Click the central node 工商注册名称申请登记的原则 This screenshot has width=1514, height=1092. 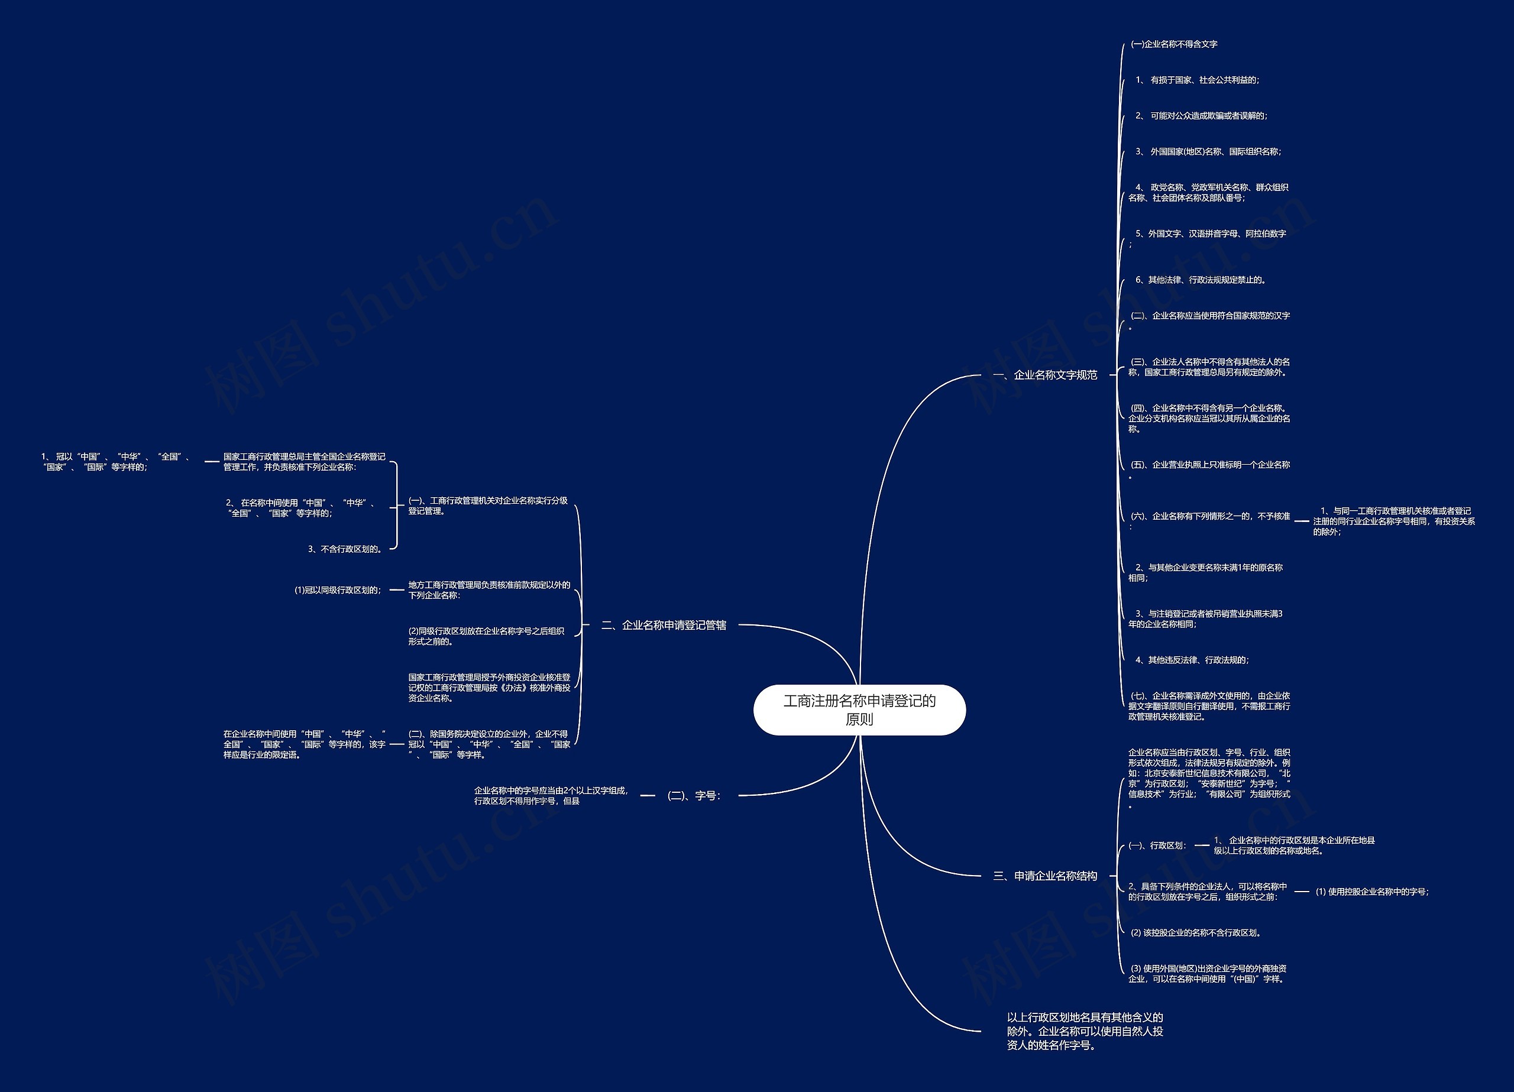coord(859,709)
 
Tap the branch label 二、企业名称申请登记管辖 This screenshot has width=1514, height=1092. coord(664,626)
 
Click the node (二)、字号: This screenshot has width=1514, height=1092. coord(694,796)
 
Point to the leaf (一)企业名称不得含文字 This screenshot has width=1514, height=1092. coord(1173,44)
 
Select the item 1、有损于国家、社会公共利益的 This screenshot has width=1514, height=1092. coord(1197,80)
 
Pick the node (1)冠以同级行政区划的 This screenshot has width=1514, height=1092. coord(338,590)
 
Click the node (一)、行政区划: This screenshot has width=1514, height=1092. coord(1157,845)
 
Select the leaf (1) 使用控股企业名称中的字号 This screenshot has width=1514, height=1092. coord(1372,892)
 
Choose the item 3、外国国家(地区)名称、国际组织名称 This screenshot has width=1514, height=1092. coord(1208,152)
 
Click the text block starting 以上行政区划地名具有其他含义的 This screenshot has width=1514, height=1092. coord(1085,1031)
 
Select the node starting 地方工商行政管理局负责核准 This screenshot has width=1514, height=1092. coord(489,590)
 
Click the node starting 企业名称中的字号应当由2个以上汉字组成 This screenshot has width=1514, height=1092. coord(551,796)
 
